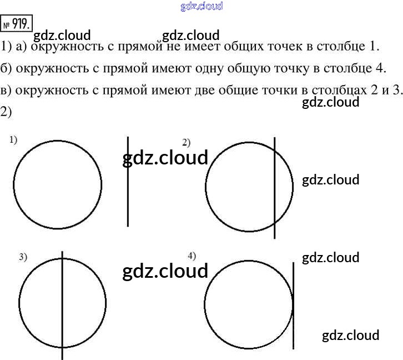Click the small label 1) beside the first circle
pyautogui.click(x=14, y=141)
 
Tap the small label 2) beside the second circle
pyautogui.click(x=187, y=141)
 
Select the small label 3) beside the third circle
pyautogui.click(x=23, y=257)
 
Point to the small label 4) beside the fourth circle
pyautogui.click(x=192, y=256)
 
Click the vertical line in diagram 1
pyautogui.click(x=128, y=183)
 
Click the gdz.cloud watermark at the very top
pyautogui.click(x=201, y=6)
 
